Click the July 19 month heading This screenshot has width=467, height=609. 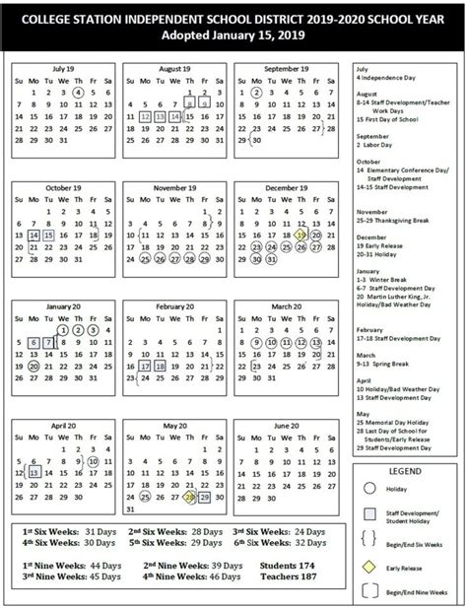[x=63, y=68]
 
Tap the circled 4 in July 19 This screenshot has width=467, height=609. [x=78, y=92]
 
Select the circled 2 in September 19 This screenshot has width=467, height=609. [x=256, y=92]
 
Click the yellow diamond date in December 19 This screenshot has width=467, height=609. [x=300, y=236]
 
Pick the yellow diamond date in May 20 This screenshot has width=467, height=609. [x=188, y=496]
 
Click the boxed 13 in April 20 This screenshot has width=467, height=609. [x=33, y=472]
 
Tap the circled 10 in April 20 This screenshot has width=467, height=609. [x=93, y=460]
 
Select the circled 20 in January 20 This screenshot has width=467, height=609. [x=33, y=366]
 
